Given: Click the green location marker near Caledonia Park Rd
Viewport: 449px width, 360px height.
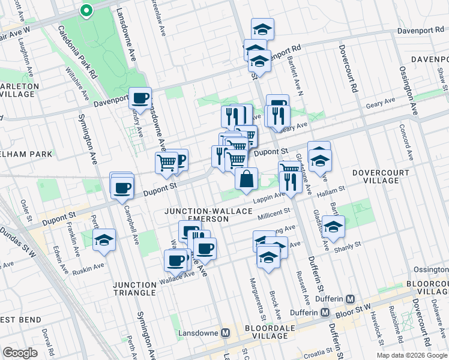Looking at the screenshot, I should (86, 10).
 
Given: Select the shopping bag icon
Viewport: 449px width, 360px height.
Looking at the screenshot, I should (247, 179).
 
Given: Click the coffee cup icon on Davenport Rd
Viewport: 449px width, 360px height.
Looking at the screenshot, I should (140, 98).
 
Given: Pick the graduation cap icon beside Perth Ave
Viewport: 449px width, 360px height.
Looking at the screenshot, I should (104, 241).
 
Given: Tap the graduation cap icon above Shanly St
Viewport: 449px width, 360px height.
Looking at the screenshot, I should (333, 228).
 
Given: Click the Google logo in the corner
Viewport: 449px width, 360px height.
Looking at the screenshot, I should (20, 353).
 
